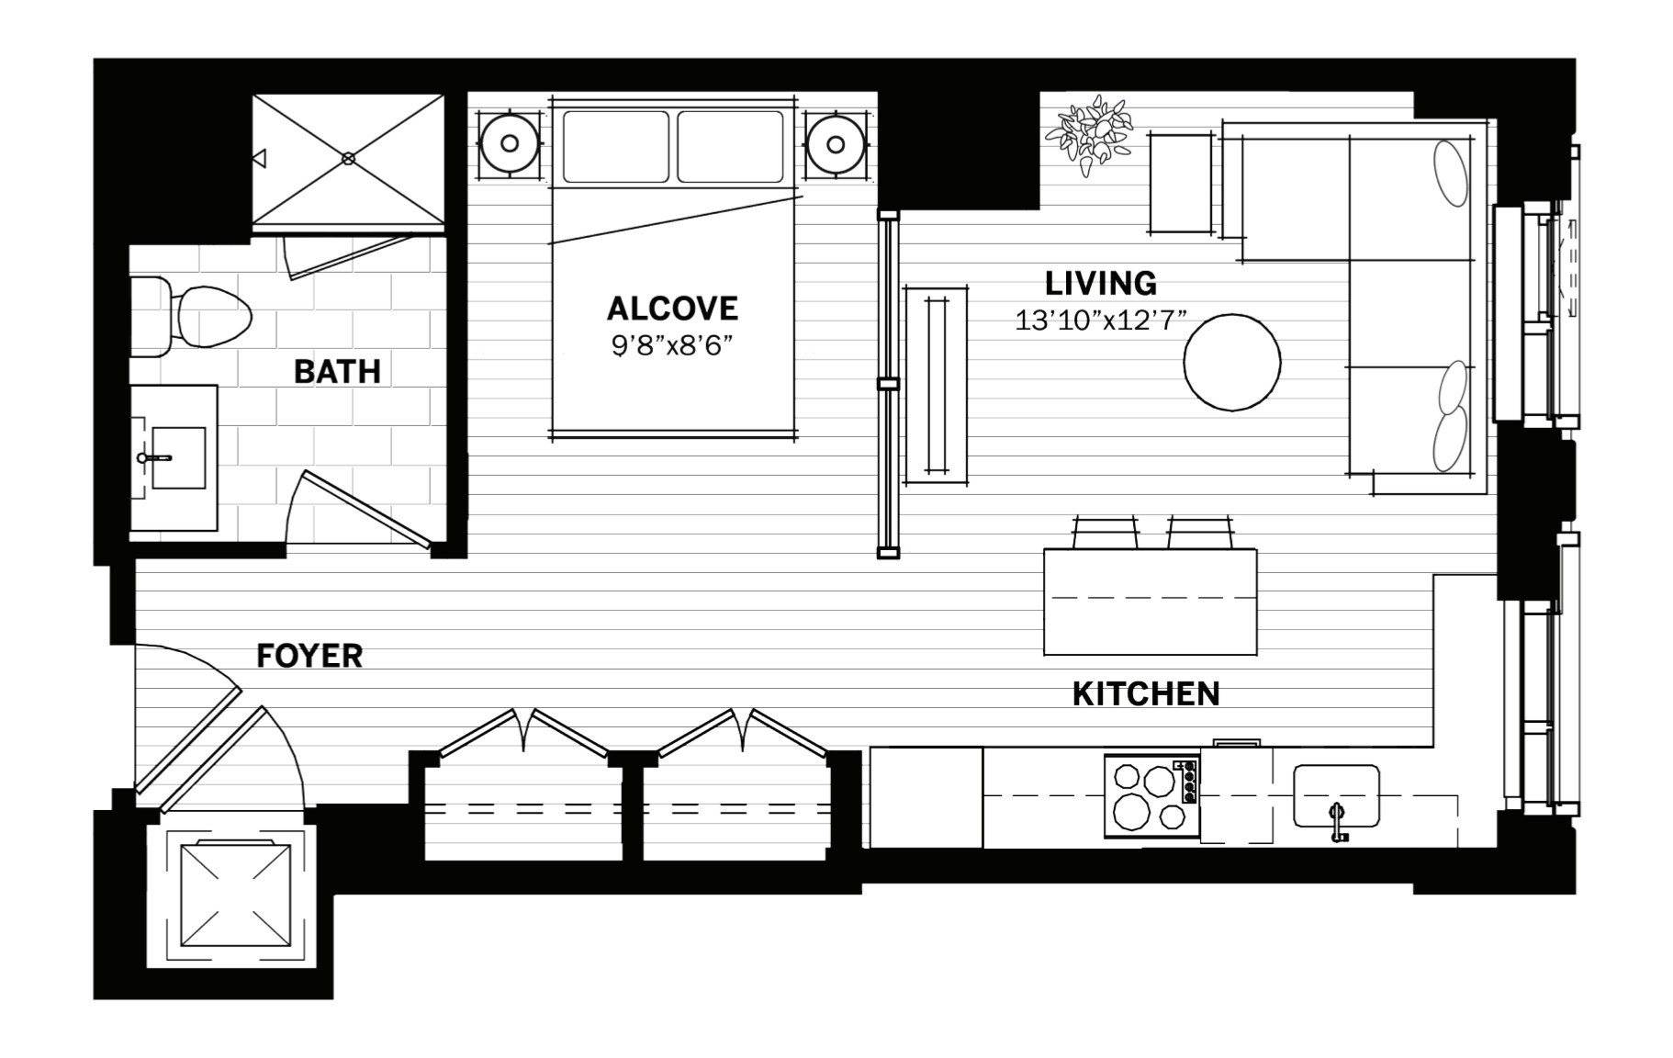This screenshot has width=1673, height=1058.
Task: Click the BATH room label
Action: pos(337,372)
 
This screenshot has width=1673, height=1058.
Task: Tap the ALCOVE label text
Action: pos(672,309)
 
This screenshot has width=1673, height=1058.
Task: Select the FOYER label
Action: pos(309,656)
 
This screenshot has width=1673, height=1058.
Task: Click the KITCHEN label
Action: pos(1146,694)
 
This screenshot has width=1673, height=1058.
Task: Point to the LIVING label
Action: pos(1101,283)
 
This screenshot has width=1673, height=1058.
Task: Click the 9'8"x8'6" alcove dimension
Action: pos(671,346)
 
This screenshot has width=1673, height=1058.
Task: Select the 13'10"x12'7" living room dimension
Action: pos(1101,321)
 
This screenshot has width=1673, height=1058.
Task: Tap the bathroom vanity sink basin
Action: pos(177,457)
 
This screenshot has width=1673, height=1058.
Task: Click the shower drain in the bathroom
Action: pos(348,158)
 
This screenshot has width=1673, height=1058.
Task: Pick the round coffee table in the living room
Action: pos(1231,363)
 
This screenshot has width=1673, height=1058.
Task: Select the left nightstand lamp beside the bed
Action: pos(509,143)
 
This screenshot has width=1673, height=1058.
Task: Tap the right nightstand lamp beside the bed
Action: pos(836,144)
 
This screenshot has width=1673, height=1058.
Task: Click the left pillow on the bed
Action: pos(616,147)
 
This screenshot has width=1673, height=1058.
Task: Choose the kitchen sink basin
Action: pos(1336,795)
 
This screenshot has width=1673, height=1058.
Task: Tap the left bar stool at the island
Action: pos(1106,532)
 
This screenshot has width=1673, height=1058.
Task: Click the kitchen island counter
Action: pos(1150,602)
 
